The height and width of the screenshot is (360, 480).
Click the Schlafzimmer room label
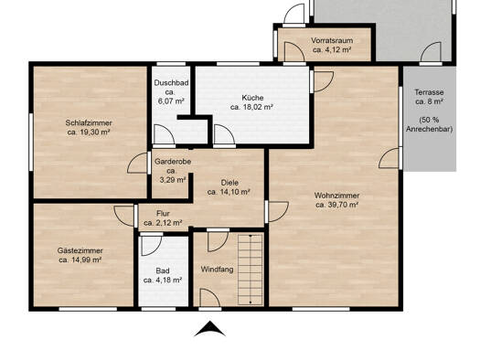[89, 123]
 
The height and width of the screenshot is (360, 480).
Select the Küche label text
[252, 98]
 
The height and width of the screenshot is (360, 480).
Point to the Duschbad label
[171, 83]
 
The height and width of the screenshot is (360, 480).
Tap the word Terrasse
[429, 92]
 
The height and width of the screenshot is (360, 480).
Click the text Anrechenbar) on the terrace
[429, 129]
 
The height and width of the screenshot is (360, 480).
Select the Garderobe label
[173, 162]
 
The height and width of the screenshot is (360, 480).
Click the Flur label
[163, 214]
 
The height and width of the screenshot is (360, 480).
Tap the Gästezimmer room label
[80, 250]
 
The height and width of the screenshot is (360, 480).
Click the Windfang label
[217, 270]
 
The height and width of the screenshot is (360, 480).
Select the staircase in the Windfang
[251, 270]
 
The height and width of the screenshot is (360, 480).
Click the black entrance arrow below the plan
[210, 330]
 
